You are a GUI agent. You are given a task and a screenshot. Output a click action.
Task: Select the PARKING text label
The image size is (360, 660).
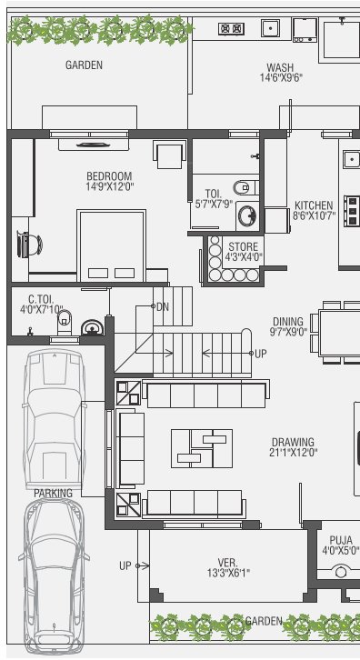coord(53,494)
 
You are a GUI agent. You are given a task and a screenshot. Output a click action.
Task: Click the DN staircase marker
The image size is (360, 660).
coord(163,306)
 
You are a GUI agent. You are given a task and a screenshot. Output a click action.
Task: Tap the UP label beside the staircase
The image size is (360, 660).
coord(261,354)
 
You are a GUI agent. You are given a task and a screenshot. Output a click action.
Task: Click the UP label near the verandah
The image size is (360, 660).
coord(125,565)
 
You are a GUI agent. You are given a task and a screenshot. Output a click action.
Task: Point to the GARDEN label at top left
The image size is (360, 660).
coord(84,65)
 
